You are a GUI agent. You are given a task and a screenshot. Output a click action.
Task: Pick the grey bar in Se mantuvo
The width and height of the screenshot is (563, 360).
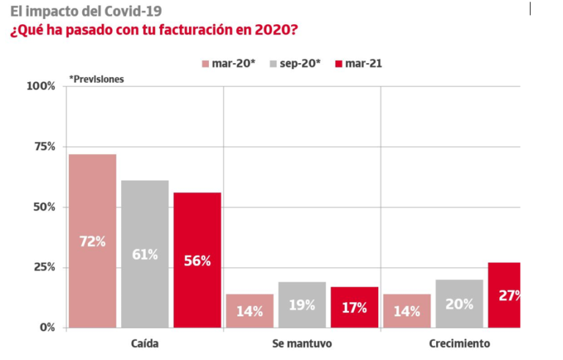click(x=302, y=304)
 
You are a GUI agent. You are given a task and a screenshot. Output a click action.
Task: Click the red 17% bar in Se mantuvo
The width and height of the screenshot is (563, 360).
click(x=354, y=306)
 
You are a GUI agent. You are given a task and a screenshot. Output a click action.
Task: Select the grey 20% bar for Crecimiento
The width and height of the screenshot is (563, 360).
click(x=459, y=303)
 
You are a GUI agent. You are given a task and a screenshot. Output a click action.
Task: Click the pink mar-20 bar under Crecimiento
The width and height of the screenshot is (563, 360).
click(x=407, y=310)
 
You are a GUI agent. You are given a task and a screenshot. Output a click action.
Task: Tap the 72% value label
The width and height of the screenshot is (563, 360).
click(x=92, y=241)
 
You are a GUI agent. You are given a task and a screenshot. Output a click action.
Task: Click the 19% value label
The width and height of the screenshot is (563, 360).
click(x=302, y=304)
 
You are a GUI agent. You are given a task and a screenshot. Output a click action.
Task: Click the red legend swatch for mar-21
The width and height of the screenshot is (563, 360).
click(x=339, y=64)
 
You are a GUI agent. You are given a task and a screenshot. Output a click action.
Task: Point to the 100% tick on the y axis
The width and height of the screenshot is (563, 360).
click(x=41, y=86)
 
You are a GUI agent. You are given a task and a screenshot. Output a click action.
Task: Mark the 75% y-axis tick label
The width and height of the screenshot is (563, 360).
click(x=43, y=147)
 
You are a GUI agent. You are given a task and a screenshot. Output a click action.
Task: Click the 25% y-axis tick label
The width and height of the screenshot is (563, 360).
click(x=43, y=267)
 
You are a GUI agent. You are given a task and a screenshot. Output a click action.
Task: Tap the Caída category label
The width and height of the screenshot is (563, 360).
click(x=144, y=343)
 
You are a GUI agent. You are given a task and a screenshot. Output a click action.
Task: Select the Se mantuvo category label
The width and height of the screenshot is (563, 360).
click(x=302, y=343)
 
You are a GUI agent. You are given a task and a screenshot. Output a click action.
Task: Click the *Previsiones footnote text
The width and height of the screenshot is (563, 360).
click(x=97, y=79)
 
